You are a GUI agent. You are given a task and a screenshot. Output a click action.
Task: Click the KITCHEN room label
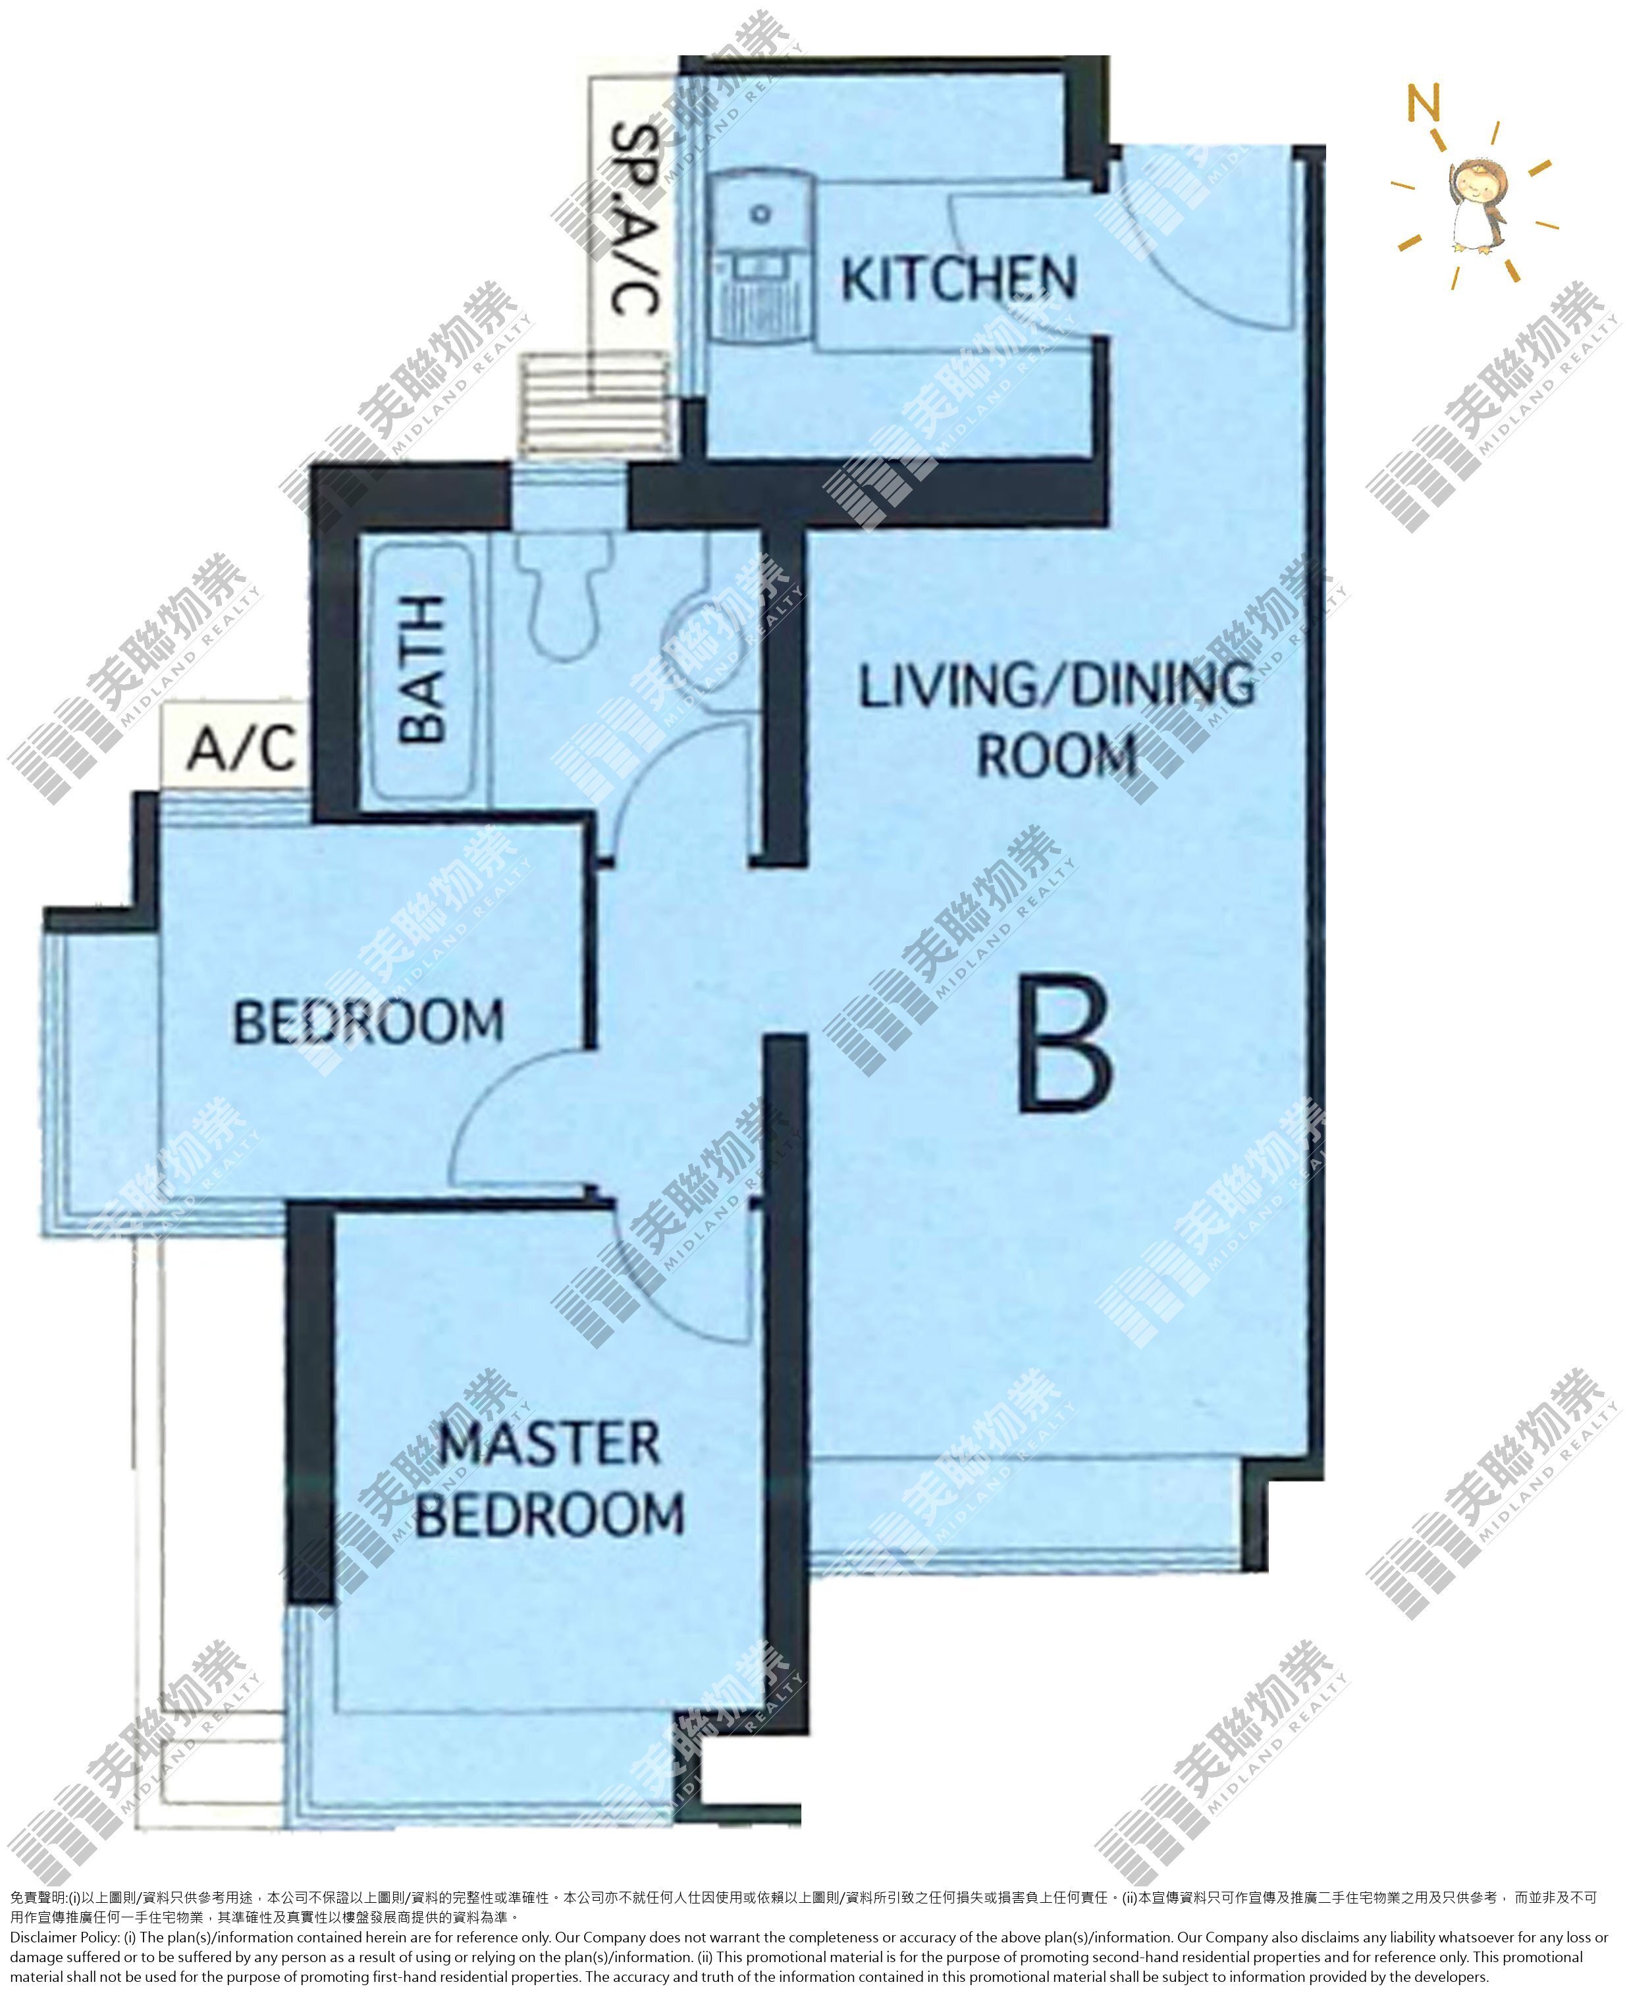(x=958, y=279)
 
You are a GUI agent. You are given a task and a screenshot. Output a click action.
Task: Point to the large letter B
(x=1065, y=1043)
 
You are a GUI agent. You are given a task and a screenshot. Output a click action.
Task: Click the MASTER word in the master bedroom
(x=550, y=1443)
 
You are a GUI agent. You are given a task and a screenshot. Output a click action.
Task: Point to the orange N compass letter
(x=1424, y=103)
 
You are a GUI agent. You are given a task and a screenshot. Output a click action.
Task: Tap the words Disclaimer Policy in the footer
(x=65, y=1937)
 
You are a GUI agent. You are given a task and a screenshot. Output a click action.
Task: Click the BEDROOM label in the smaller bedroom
(x=367, y=1022)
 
